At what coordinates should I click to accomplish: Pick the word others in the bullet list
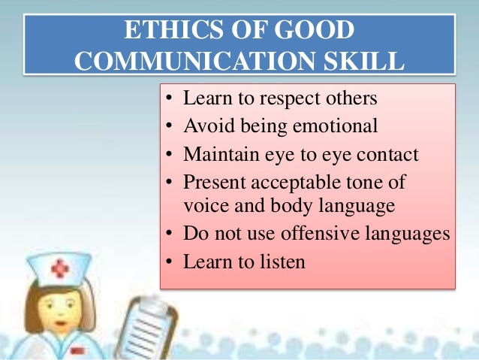click(351, 98)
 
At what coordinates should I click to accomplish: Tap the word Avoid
click(207, 126)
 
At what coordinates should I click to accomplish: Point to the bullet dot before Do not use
click(171, 234)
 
